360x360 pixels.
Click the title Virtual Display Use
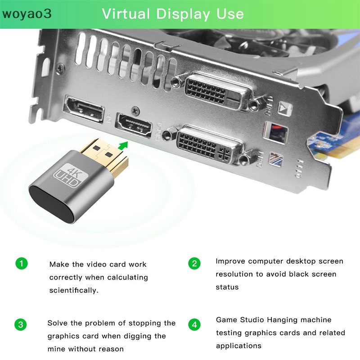point(173,13)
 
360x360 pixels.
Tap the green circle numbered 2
point(194,263)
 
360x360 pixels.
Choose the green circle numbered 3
point(21,324)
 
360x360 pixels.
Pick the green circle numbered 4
point(194,324)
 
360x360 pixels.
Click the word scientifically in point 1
point(74,290)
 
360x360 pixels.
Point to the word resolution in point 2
point(234,274)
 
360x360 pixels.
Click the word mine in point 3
point(56,349)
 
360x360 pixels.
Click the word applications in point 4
point(238,346)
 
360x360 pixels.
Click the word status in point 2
point(227,287)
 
